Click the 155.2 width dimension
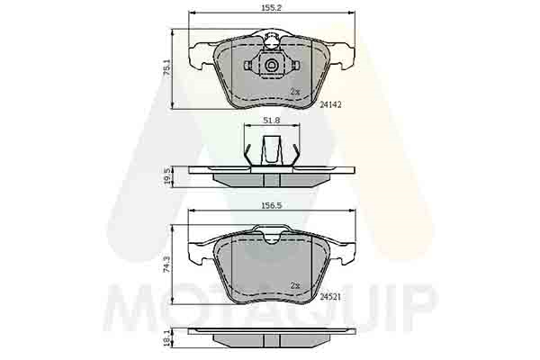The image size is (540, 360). pos(272,7)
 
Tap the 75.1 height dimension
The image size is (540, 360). pos(166,67)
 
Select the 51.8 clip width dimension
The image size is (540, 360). pos(272,121)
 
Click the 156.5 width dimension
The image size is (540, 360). pos(272,205)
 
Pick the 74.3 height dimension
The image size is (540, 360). pos(166,264)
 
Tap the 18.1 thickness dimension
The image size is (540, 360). pos(167,338)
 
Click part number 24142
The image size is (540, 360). pos(330,104)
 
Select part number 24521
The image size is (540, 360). pos(330,297)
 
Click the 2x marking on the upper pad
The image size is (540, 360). pos(295,92)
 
